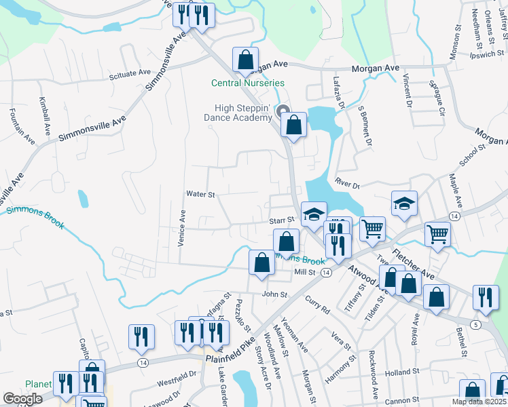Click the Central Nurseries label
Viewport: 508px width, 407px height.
pyautogui.click(x=247, y=83)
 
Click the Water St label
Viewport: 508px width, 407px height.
pyautogui.click(x=200, y=194)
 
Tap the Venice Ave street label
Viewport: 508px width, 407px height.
pyautogui.click(x=182, y=227)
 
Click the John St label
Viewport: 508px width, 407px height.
pyautogui.click(x=275, y=295)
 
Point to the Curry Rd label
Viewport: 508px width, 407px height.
pyautogui.click(x=317, y=305)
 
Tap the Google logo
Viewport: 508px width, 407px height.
pyautogui.click(x=23, y=399)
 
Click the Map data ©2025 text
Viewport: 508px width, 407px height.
pyautogui.click(x=479, y=402)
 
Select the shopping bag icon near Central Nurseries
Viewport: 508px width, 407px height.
pyautogui.click(x=245, y=60)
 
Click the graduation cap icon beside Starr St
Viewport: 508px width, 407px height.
pyautogui.click(x=313, y=214)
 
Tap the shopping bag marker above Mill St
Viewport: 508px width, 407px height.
pyautogui.click(x=262, y=263)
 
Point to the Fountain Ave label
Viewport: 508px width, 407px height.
pyautogui.click(x=21, y=126)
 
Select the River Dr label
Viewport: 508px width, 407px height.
pyautogui.click(x=346, y=182)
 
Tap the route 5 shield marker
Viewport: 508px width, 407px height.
pyautogui.click(x=475, y=325)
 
